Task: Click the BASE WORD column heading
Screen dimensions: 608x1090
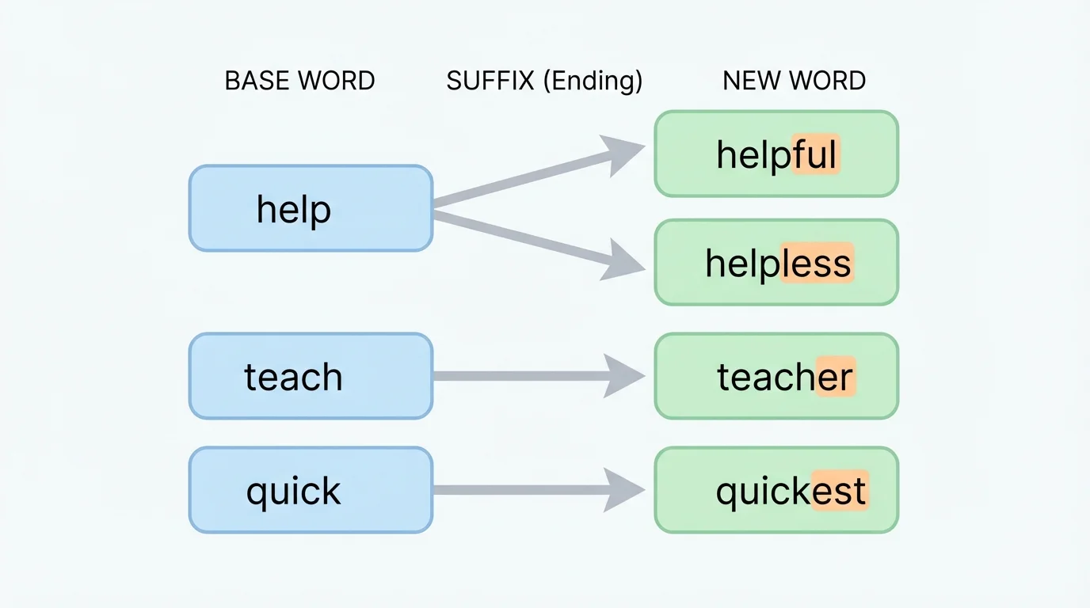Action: coord(299,81)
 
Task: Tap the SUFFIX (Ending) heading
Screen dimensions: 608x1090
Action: coord(544,81)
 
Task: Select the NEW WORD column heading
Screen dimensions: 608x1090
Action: coord(794,81)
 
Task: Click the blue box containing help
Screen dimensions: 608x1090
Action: coord(311,208)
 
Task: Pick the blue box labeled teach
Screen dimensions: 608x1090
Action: coord(311,376)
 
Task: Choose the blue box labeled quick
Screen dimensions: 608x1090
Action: coord(311,490)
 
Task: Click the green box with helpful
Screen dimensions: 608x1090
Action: coord(776,154)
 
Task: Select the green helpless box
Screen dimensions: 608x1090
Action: coord(776,262)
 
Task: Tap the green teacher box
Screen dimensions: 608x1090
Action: coord(776,376)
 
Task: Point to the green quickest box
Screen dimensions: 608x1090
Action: coord(776,490)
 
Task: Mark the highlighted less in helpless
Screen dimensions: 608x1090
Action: coord(816,263)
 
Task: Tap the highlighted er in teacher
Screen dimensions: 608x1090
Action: coord(835,377)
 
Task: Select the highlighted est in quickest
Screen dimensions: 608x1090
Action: coord(840,491)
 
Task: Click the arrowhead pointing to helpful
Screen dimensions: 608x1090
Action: coord(623,154)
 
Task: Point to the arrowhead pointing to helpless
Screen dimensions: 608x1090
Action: coord(623,261)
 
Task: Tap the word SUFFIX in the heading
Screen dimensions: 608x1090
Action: coord(490,81)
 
